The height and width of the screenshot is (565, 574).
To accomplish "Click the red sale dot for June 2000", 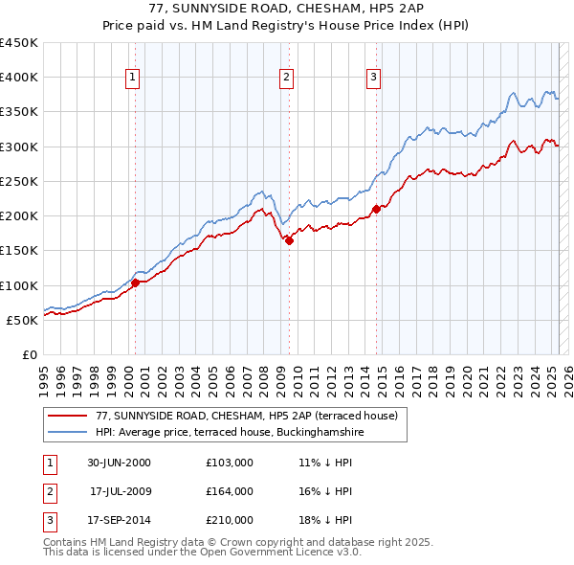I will (x=136, y=282).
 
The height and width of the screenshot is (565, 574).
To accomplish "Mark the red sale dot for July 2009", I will (x=289, y=240).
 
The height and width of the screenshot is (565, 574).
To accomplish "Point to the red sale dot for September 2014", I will (x=376, y=209).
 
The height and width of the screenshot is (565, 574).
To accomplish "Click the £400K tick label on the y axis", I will (x=19, y=78).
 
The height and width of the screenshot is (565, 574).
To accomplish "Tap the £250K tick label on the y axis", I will (x=19, y=181).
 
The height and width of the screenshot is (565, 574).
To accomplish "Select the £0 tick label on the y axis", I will (x=30, y=354).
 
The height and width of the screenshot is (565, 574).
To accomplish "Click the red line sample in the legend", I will (x=68, y=415).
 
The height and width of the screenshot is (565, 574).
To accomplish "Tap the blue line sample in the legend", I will (x=68, y=432).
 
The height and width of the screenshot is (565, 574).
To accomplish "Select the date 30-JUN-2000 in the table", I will (x=119, y=463).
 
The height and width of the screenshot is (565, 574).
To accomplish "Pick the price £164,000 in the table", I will (x=230, y=491).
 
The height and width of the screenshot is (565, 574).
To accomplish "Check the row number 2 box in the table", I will (x=50, y=491).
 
